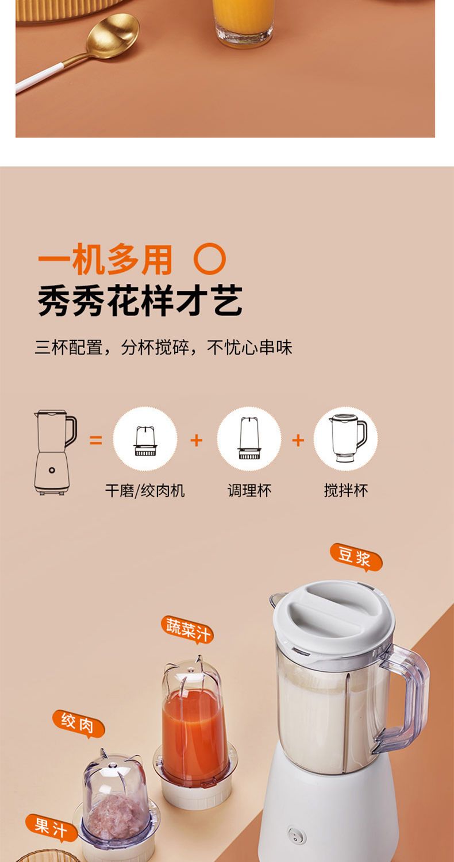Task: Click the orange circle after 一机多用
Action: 210,259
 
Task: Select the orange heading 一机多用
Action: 105,260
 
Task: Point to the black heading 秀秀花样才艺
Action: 140,301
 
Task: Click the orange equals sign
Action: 95,440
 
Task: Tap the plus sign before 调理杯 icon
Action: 196,440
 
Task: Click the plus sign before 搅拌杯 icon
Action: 298,440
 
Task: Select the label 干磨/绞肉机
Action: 145,491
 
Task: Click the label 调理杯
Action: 249,491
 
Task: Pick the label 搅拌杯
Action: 345,491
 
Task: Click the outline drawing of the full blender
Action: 55,452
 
